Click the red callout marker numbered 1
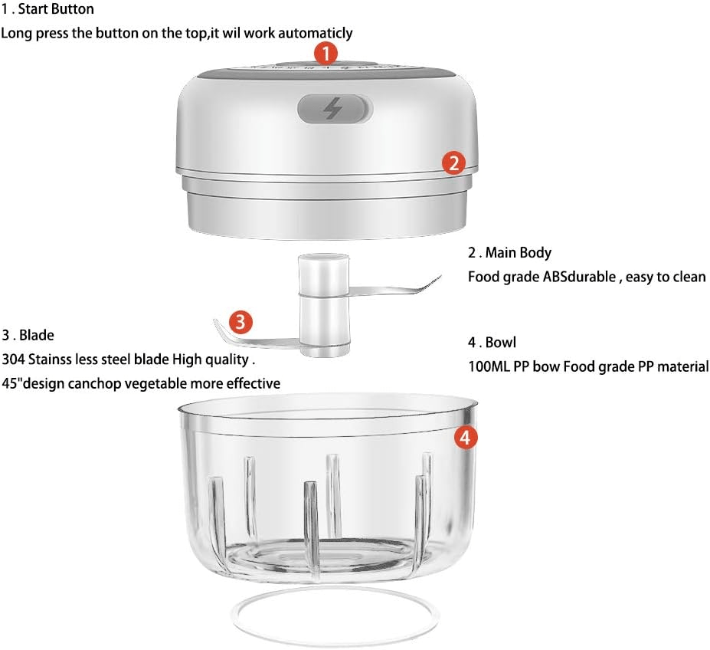point(326,54)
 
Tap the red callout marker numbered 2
point(453,162)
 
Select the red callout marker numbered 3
point(240,322)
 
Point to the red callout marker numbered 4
point(466,438)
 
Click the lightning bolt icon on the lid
point(333,109)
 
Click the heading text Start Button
point(56,9)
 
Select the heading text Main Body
point(519,252)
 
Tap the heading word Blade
point(37,335)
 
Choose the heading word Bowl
point(501,342)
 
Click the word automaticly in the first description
point(315,33)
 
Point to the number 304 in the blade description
point(13,359)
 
